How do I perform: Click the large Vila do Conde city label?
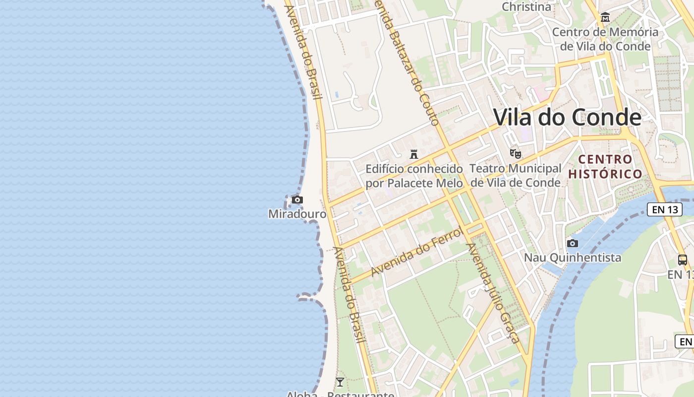[x=567, y=118]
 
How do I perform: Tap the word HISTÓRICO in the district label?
[x=605, y=174]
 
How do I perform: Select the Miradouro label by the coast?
[x=297, y=214]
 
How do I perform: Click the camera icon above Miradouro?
[x=297, y=200]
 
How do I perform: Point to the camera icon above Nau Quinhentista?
[x=573, y=243]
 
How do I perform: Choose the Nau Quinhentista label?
[x=573, y=258]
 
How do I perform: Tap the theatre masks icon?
[x=516, y=154]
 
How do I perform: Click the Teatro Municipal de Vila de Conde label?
[x=516, y=176]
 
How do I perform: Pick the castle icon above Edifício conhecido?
[x=414, y=154]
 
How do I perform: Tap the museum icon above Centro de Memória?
[x=605, y=18]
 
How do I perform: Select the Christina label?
[x=526, y=7]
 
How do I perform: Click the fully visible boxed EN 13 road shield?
[x=665, y=209]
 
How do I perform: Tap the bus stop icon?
[x=683, y=260]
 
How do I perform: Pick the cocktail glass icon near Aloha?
[x=340, y=382]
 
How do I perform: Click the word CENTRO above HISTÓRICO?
[x=605, y=159]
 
